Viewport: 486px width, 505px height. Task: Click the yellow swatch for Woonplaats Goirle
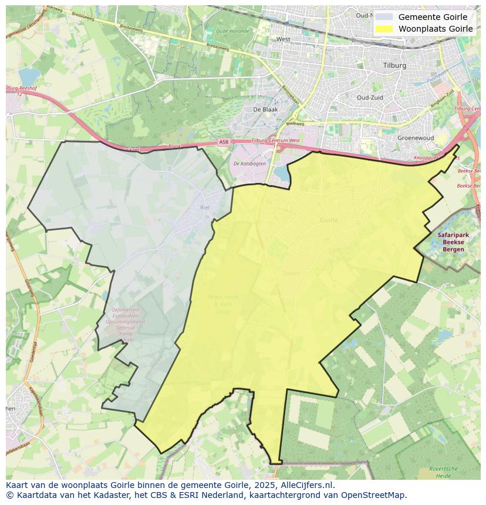click(x=384, y=29)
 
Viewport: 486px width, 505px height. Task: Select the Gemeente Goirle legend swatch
click(x=384, y=17)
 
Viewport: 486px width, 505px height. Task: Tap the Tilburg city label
click(x=394, y=66)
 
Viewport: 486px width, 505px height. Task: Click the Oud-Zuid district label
click(x=370, y=97)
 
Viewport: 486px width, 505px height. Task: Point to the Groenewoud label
click(x=415, y=138)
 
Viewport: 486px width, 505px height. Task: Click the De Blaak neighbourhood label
click(x=265, y=109)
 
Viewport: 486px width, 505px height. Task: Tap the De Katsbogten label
click(x=249, y=164)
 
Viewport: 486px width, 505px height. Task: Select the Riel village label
click(x=205, y=208)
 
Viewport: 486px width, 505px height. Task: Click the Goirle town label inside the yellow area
click(x=329, y=220)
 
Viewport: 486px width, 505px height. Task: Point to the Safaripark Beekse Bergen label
click(x=450, y=242)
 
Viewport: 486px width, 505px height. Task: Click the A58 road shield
click(x=224, y=141)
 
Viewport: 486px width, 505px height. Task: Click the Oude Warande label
click(x=232, y=31)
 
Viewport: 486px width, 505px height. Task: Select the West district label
click(x=283, y=39)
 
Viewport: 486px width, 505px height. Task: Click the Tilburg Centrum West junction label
click(x=275, y=141)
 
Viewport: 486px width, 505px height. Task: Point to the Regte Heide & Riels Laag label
click(x=222, y=301)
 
